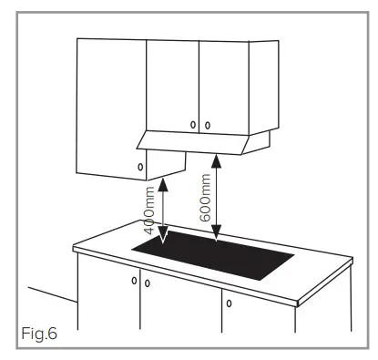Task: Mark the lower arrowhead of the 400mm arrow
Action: point(163,241)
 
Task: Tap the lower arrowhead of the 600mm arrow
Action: point(217,240)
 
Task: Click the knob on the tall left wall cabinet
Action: point(139,167)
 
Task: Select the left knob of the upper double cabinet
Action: point(192,124)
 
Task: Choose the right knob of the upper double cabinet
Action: point(207,124)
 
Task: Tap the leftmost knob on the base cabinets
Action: point(134,280)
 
